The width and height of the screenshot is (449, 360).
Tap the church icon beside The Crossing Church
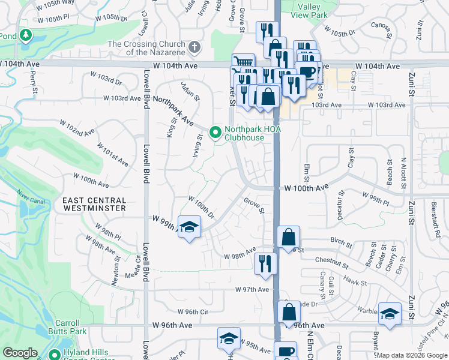coord(194,47)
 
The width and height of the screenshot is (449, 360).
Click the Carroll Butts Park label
coord(69,326)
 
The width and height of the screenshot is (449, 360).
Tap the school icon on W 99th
coord(189,227)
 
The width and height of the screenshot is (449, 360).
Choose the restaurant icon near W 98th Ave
coord(265,262)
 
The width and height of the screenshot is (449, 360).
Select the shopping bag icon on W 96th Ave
coord(289,311)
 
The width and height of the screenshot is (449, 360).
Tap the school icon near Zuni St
coord(390,313)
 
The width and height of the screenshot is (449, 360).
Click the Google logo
coord(20,353)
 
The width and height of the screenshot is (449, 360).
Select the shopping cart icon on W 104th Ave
coord(243,63)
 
